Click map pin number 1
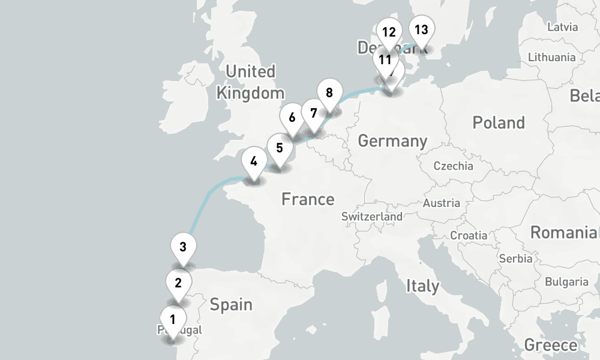click(172, 319)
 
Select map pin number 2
click(178, 283)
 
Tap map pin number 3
click(183, 247)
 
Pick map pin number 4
click(254, 161)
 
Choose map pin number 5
click(279, 147)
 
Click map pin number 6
click(292, 117)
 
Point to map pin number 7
click(313, 112)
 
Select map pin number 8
click(329, 93)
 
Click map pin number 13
click(421, 29)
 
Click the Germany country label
click(392, 141)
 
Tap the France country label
click(308, 199)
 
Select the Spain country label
click(231, 305)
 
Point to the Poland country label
click(499, 123)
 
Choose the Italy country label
click(422, 286)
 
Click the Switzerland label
click(372, 216)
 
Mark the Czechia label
click(453, 166)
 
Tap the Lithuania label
click(551, 58)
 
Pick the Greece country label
click(551, 345)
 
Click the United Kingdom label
click(250, 82)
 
